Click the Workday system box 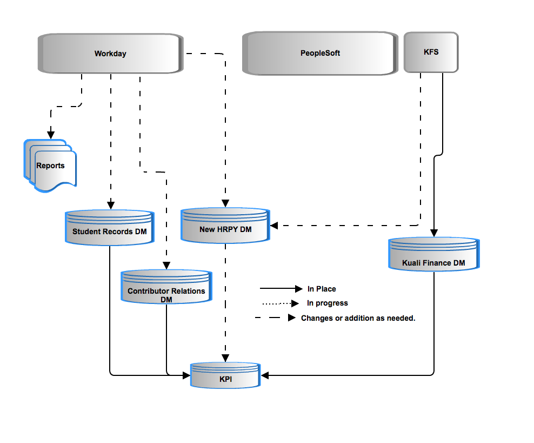click(111, 54)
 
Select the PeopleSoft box click(320, 53)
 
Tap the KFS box click(431, 52)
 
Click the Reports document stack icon click(50, 166)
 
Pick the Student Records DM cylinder click(110, 228)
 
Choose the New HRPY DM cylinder click(225, 226)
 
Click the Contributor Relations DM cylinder click(166, 287)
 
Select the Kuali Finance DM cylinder click(434, 254)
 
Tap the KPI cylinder click(225, 375)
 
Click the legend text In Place click(322, 289)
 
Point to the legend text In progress click(328, 303)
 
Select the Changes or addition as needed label click(358, 318)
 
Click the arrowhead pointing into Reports click(51, 135)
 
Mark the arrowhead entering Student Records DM click(111, 205)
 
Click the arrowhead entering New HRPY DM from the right click(274, 226)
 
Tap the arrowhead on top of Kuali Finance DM click(434, 233)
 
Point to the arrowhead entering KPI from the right click(265, 375)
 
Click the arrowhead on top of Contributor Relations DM click(166, 266)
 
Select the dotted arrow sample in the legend click(281, 303)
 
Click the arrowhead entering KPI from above click(225, 358)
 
